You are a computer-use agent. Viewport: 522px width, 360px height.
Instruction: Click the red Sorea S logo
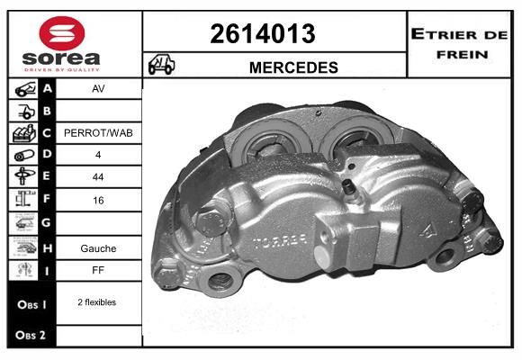coord(62,33)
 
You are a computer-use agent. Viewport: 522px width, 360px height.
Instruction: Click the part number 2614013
coord(263,33)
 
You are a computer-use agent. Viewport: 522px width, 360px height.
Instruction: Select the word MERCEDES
coord(293,67)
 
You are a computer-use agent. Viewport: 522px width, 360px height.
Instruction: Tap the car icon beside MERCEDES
coord(161,64)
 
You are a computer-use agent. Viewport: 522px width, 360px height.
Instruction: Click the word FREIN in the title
coord(463,55)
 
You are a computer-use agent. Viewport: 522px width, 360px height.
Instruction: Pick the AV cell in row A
coord(98,88)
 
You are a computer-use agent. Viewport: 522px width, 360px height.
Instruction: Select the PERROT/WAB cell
coord(98,133)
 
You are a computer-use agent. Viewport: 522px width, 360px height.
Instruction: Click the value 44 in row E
coord(98,176)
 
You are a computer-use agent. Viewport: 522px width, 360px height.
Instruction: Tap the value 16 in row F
coord(98,200)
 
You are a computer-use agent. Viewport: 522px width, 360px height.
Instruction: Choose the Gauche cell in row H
coord(98,248)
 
